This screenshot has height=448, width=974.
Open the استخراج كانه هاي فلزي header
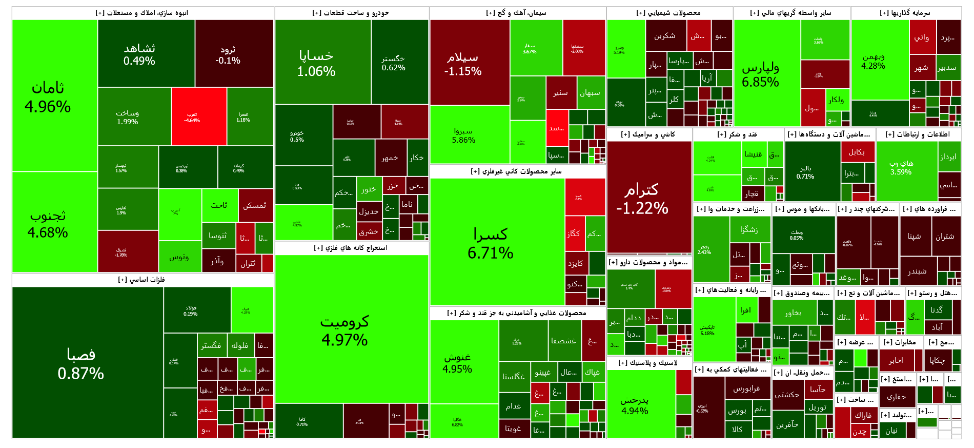(x=351, y=248)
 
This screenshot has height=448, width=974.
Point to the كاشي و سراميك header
(x=648, y=134)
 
